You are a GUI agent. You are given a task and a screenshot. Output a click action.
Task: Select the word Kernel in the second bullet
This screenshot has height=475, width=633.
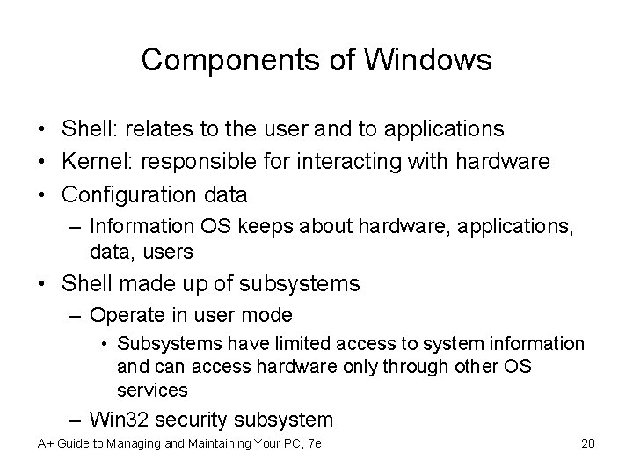pos(92,162)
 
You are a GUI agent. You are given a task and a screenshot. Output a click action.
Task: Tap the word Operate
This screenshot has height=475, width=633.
pos(126,315)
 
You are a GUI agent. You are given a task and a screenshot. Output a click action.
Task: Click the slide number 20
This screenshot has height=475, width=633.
pos(588,442)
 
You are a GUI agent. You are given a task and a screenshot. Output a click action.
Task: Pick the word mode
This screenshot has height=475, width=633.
pos(272,315)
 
